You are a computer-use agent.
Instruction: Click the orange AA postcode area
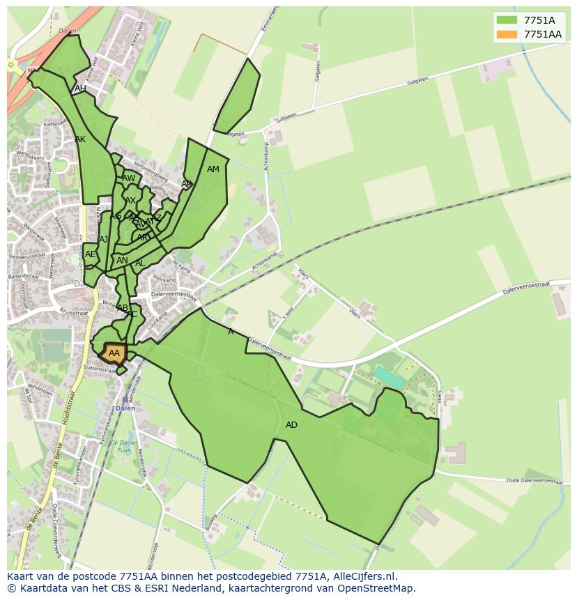point(114,353)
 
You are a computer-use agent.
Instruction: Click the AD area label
point(291,425)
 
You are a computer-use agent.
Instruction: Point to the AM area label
point(213,169)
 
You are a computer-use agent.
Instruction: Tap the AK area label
point(80,139)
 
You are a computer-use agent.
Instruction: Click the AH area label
point(80,89)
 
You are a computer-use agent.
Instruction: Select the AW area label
point(129,178)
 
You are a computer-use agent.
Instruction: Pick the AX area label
point(130,201)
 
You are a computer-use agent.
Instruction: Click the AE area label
point(90,254)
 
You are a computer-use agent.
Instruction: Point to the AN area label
point(122,261)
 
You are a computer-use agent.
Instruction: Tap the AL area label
point(140,263)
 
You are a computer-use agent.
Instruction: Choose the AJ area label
point(104,240)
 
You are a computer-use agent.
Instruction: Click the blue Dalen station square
point(125,400)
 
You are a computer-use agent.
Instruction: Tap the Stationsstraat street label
point(100,370)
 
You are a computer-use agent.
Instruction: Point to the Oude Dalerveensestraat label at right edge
point(533,480)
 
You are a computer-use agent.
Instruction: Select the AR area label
point(142,238)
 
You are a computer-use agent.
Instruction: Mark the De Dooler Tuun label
point(123,447)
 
